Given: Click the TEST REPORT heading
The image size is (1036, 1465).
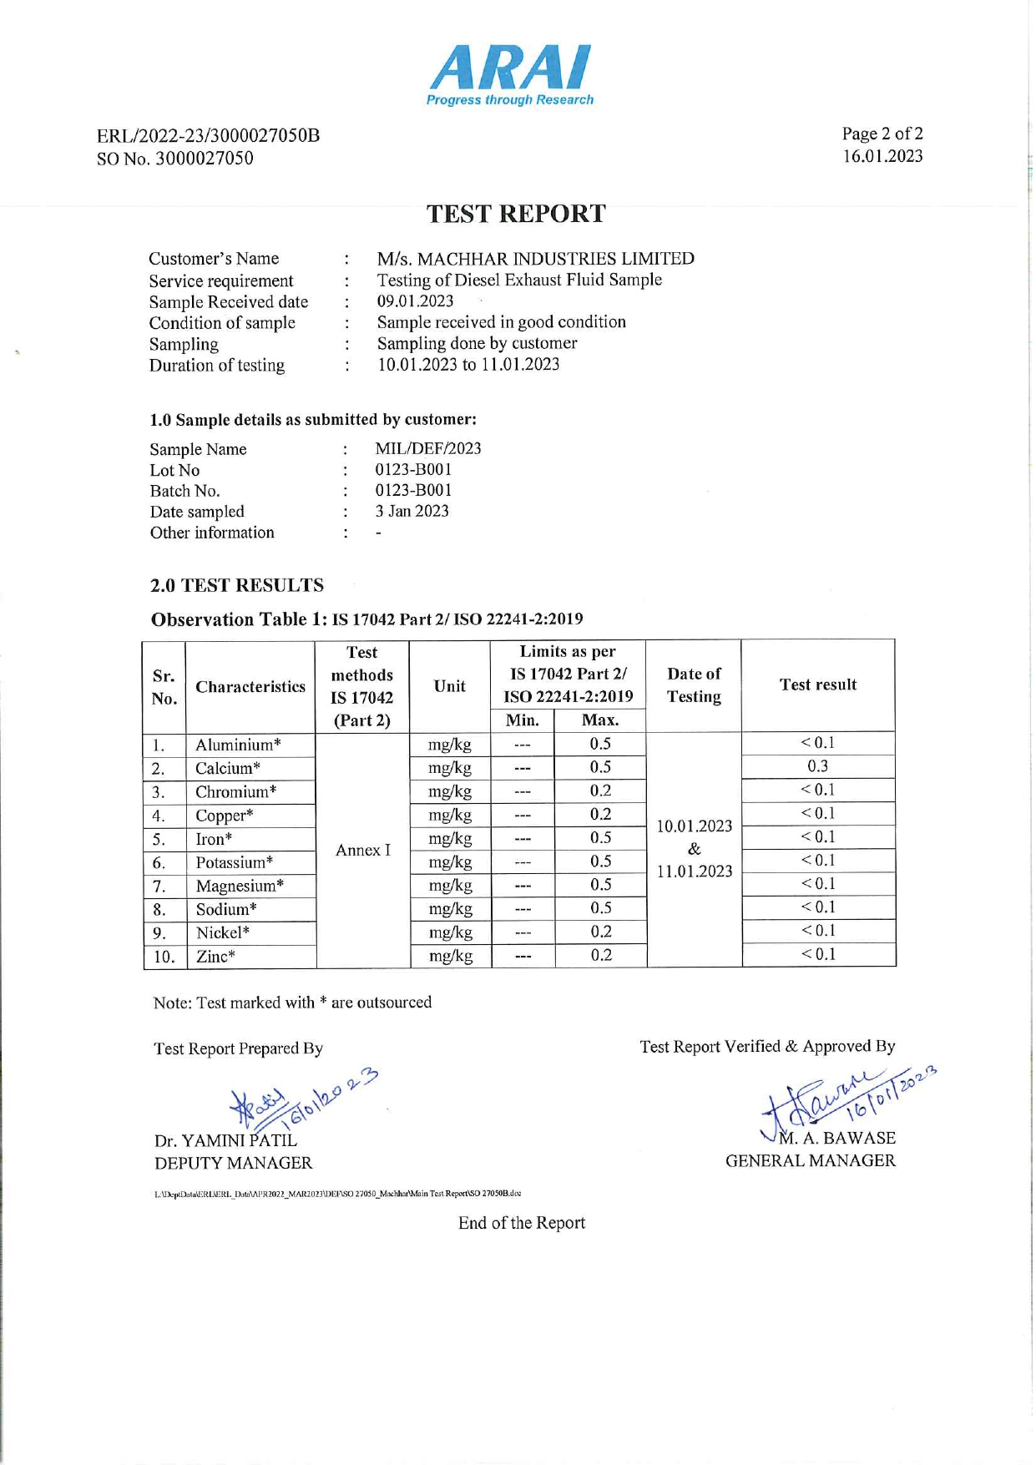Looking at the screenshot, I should coord(516,215).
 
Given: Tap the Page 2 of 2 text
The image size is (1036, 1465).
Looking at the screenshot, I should coord(882,134).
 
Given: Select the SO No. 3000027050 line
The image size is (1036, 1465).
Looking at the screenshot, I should coord(175,159).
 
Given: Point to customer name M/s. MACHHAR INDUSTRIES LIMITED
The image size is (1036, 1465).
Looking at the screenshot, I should coord(535,259).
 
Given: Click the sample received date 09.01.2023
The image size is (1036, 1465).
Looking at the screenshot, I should coord(415,301).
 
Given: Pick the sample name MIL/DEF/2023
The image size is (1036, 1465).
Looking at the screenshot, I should coord(427,448).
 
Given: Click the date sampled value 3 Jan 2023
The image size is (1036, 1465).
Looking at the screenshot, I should coord(412,511).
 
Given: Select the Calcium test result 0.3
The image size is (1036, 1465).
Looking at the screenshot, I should coord(817,766).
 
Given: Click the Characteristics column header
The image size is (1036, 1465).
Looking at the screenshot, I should coord(250,686).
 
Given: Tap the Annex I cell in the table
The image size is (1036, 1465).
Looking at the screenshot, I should coord(362,850).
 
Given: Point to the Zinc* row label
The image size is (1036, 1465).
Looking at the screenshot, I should coord(215,957).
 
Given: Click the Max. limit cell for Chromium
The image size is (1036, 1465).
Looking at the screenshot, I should coord(600,791).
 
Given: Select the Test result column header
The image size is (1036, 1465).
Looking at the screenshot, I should coord(817,685).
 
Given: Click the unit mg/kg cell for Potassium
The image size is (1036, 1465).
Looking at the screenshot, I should coord(450,861).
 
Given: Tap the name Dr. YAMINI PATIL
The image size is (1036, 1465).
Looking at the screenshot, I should coord(225,1140).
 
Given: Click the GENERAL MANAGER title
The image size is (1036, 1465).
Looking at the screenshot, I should coord(810,1160).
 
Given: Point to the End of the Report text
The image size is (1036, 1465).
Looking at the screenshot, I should coord(521,1223).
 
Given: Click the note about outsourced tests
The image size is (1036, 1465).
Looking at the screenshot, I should coord(292,1003).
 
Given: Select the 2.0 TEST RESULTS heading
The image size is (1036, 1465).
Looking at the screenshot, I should coord(236,585).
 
